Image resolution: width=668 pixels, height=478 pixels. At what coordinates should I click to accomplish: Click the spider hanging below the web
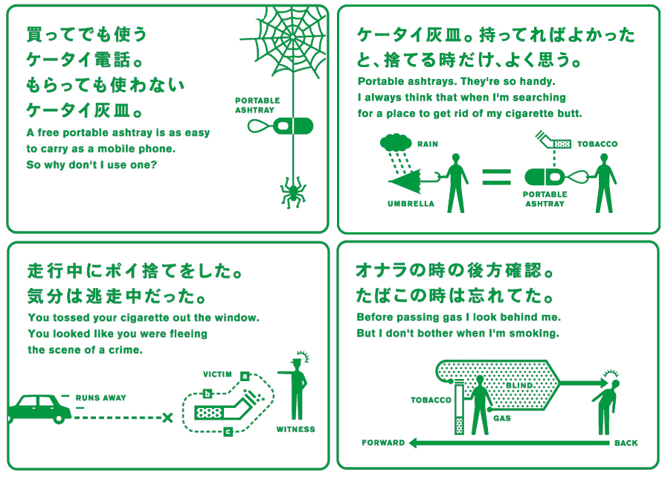tap(293, 193)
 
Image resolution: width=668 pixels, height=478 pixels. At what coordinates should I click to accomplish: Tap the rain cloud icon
tap(395, 142)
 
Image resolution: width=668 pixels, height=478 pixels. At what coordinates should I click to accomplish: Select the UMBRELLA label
tap(411, 204)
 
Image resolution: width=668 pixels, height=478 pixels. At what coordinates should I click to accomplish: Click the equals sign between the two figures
tap(496, 177)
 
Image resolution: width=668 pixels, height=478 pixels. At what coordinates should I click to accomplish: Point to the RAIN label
tap(428, 144)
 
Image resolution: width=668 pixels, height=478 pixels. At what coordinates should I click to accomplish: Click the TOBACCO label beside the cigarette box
tap(597, 144)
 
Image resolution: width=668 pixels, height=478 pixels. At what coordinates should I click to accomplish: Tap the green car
tap(39, 409)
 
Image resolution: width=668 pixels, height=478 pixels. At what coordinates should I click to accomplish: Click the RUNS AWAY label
tap(101, 398)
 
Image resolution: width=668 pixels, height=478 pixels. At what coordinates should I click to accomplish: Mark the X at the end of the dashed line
tap(168, 418)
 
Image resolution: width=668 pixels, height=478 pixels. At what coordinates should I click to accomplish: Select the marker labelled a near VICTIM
tap(245, 376)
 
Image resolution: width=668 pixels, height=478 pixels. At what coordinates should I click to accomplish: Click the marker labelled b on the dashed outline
tap(208, 394)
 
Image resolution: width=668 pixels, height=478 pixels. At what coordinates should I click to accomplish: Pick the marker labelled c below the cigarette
tap(228, 432)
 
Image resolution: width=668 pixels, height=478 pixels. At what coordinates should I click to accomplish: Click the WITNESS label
tap(295, 430)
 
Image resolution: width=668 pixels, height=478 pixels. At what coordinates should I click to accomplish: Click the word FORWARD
tap(383, 442)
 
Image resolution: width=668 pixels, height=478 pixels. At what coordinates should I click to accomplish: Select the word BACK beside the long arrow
tap(626, 443)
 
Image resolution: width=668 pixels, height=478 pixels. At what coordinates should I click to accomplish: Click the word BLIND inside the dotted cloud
tap(520, 386)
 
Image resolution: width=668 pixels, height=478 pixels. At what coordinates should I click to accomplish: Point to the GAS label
tap(502, 418)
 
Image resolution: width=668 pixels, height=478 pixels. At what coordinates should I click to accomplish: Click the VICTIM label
tap(217, 375)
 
